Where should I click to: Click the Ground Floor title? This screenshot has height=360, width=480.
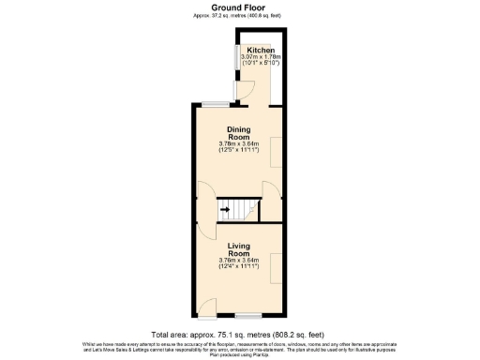(239, 7)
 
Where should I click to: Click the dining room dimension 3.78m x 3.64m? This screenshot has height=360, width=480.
(239, 143)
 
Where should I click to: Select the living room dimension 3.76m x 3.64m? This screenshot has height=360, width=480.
(239, 260)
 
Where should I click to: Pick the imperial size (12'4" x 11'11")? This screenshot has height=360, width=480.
(239, 267)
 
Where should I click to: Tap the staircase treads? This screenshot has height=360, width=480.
(246, 209)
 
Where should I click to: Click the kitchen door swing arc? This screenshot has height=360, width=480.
(246, 91)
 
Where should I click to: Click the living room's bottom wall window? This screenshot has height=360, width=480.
(248, 313)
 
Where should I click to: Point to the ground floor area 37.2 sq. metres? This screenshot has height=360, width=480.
(239, 16)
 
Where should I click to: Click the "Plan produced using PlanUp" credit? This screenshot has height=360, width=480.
(239, 355)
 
